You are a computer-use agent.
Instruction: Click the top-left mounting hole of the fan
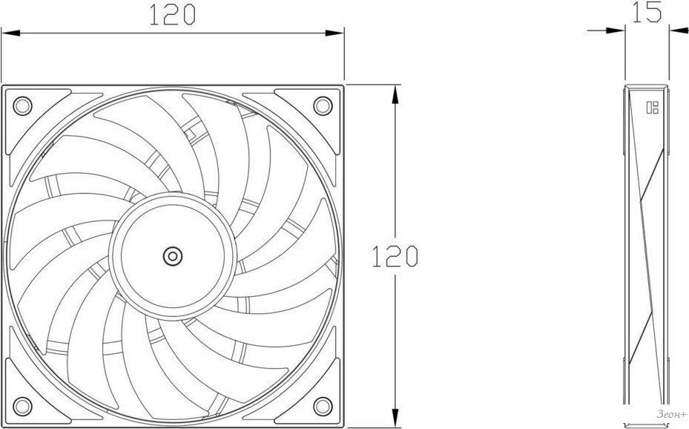[22, 105]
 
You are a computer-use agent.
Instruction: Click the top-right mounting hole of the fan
[323, 105]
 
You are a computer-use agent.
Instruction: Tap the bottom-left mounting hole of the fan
[22, 406]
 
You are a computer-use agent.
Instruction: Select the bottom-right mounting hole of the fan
[323, 406]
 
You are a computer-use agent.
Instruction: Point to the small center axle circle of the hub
[173, 256]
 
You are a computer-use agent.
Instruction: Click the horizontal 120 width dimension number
[172, 16]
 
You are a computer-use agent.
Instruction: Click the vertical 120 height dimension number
[395, 256]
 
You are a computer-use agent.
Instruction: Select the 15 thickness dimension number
[647, 12]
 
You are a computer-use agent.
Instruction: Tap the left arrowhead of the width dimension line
[11, 33]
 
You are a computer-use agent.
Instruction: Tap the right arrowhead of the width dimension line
[334, 33]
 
